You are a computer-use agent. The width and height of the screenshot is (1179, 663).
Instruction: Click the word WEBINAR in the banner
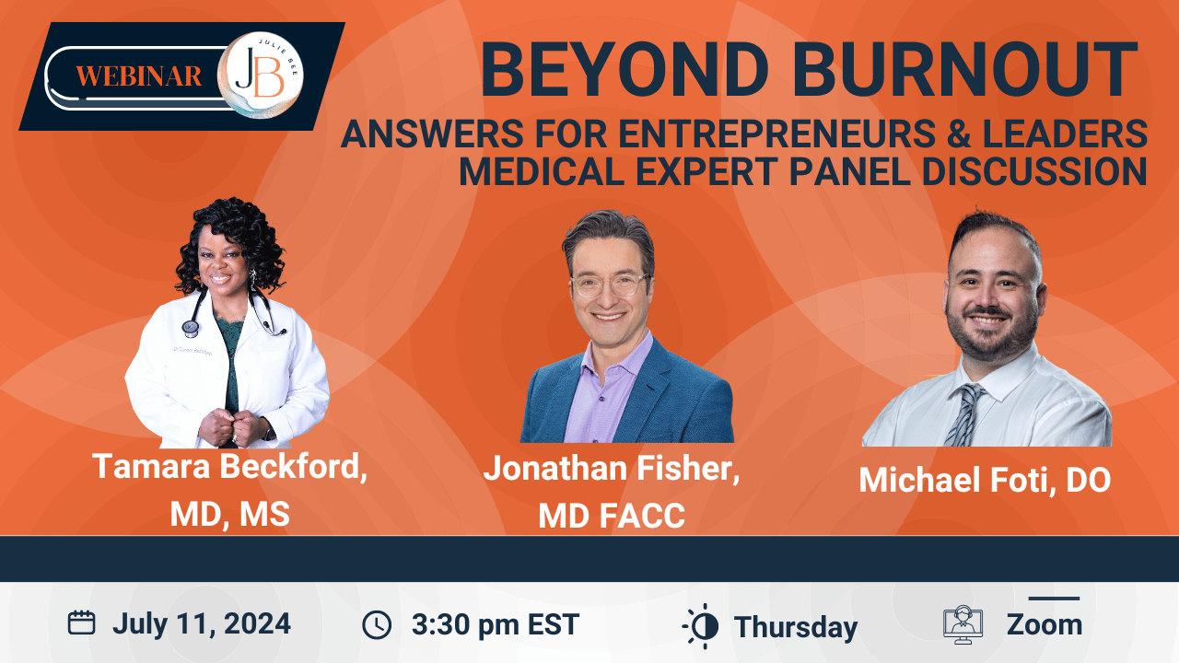point(139,76)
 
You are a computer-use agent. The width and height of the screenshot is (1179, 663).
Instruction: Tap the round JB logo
point(261,75)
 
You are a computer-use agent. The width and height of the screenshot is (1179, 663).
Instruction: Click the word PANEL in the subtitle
point(849,171)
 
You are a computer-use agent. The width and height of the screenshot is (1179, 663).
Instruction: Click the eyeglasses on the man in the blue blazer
point(612,285)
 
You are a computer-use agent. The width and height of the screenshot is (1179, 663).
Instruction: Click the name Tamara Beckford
point(230,467)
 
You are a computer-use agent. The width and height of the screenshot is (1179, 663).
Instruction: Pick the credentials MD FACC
point(612,515)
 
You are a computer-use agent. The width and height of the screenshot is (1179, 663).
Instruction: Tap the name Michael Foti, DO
point(985,480)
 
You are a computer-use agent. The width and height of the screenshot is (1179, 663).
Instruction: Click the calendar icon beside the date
point(82,623)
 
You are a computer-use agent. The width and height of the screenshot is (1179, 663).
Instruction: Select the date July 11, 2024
point(202,624)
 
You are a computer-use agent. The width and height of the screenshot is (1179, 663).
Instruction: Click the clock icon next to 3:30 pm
point(377,625)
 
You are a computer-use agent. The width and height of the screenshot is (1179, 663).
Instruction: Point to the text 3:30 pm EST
point(496,624)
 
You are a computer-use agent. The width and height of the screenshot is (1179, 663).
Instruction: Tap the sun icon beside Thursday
point(702,626)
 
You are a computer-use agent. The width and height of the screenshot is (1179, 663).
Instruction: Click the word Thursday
point(796,627)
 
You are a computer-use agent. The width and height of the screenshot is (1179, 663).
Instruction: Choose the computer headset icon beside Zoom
point(963,624)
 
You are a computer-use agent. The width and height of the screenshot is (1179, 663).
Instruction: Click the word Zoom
point(1045,624)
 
